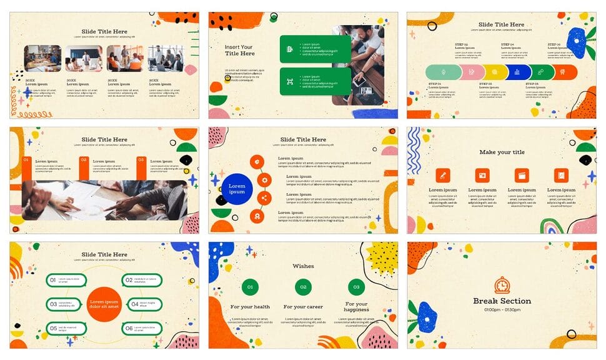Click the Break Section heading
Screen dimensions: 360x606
(x=502, y=301)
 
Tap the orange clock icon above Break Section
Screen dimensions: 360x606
(x=502, y=285)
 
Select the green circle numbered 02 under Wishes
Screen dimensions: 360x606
(x=303, y=287)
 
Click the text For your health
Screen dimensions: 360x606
(x=250, y=307)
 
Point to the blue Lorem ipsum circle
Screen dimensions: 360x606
(x=237, y=189)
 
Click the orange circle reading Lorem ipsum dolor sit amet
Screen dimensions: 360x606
(x=104, y=304)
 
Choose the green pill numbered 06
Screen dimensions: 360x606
(x=142, y=328)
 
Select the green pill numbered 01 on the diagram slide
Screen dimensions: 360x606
(x=66, y=281)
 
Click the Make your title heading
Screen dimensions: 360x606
(x=502, y=152)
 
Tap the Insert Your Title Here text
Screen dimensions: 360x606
(x=239, y=50)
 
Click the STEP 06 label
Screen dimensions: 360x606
(x=554, y=45)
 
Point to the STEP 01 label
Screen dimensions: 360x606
(x=435, y=83)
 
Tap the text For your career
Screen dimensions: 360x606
(x=303, y=307)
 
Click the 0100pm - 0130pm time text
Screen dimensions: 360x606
(x=502, y=310)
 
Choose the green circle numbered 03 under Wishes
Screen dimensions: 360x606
(x=356, y=287)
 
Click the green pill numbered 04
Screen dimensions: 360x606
(x=142, y=304)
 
